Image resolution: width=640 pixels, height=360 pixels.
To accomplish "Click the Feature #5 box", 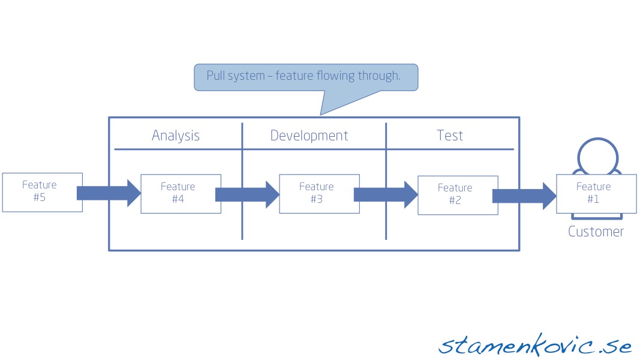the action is coord(43,192).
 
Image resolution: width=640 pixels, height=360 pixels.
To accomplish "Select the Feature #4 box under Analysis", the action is coord(181,194).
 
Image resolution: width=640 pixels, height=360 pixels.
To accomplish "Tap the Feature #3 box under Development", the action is coord(319,194).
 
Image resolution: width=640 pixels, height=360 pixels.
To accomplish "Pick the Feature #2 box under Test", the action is coord(458,195).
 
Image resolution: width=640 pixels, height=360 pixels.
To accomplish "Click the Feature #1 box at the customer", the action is coord(596,194).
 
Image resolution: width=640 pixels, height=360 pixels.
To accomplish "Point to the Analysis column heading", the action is coord(176,136).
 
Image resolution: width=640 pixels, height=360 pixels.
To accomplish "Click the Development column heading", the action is coord(309,136).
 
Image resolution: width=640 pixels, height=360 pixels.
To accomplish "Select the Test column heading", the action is coord(450,135).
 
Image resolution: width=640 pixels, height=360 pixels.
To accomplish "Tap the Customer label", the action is coord(596,232).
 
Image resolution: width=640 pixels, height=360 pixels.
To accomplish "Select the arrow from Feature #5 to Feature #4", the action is coord(109,193).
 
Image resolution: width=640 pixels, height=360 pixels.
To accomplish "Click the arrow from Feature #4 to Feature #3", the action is coord(247,194).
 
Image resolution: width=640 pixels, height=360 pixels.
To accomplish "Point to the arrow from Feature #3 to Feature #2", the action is coord(386,194).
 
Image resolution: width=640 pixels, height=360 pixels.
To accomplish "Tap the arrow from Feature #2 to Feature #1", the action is coord(524,196).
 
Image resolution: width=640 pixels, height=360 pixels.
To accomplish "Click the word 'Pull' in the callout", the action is coord(215,76).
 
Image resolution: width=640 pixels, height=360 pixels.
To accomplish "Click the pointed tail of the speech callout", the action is coord(321,114).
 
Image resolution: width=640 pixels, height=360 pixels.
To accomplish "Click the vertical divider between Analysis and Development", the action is coord(242,181).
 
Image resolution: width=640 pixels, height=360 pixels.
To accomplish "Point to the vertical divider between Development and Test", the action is coord(386,181).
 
